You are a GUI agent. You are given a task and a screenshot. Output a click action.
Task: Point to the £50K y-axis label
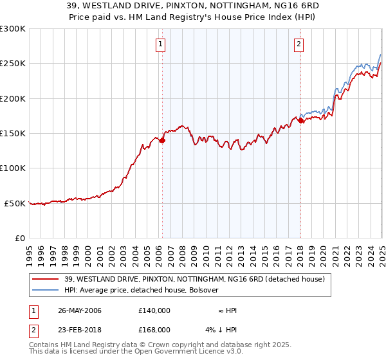[15, 203]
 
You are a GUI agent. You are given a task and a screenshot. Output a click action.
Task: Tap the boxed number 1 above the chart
[160, 44]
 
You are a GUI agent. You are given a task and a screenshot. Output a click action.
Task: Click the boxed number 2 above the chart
[299, 44]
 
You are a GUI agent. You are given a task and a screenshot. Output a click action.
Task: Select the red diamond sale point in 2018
[301, 120]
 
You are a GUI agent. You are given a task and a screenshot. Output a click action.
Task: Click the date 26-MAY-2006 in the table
[80, 310]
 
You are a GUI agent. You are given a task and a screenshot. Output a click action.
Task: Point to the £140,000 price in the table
[154, 310]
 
